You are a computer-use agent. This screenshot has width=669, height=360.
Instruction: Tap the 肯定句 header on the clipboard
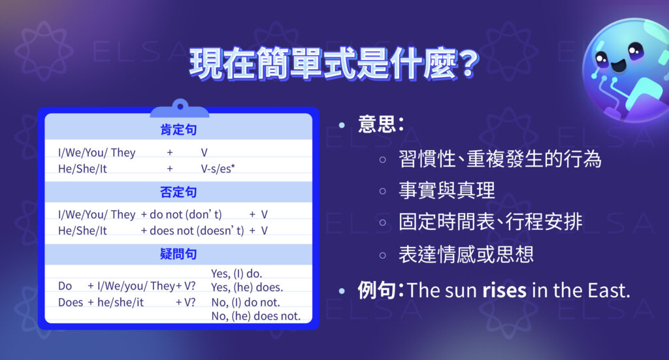coord(178,131)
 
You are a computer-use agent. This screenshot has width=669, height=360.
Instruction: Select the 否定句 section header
coord(178,192)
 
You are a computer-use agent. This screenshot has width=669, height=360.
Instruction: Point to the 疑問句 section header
coord(178,254)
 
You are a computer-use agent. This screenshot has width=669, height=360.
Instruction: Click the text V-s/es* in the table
coord(218,169)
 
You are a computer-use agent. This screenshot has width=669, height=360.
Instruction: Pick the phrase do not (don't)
coord(186,214)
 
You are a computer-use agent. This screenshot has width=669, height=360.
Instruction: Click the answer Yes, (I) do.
coord(237,274)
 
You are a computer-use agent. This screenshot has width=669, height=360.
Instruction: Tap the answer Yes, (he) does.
coord(247,287)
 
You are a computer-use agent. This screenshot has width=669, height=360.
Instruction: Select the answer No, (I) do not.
coord(246,303)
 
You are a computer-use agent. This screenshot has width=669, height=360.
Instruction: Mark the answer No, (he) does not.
coord(256,316)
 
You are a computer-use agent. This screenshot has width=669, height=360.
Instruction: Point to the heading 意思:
coord(380,124)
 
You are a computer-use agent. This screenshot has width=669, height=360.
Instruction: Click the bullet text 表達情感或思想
coord(466,254)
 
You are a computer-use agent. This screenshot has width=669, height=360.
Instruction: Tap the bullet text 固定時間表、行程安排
coord(490,221)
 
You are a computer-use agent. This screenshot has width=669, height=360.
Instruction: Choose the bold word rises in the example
coord(504,290)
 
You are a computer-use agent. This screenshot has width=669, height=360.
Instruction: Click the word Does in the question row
coord(71,303)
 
